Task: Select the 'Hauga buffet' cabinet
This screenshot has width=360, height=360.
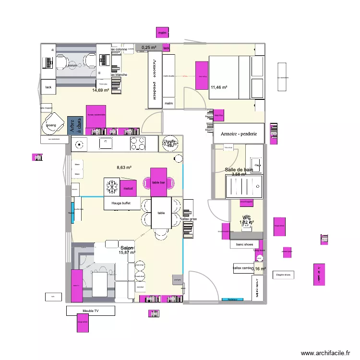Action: coord(122,204)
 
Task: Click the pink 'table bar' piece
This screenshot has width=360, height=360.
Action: coord(159,182)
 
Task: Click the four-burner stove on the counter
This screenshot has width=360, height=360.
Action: coord(138,143)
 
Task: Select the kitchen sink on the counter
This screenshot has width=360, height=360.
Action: coord(105,143)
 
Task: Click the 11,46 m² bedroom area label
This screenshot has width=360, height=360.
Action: coord(219,87)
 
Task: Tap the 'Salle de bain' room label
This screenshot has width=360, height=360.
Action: coord(239,170)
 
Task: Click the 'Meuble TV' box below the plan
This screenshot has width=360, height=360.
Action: coord(91,311)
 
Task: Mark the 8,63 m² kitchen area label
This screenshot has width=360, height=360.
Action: coord(124,168)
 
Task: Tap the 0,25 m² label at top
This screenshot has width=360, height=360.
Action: coord(149,47)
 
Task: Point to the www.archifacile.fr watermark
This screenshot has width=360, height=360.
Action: coord(325,353)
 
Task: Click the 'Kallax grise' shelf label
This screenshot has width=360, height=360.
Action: coord(188,219)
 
